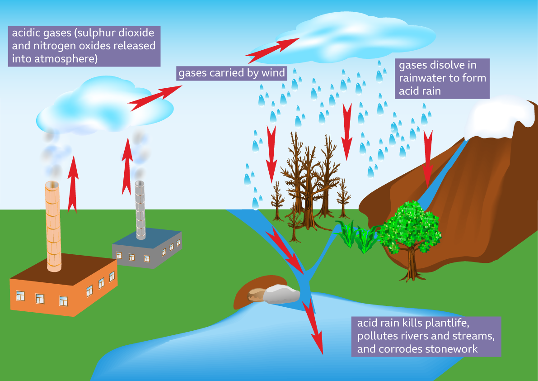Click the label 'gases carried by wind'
232,73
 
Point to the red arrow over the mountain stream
427,158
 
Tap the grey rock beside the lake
281,294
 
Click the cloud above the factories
104,109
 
